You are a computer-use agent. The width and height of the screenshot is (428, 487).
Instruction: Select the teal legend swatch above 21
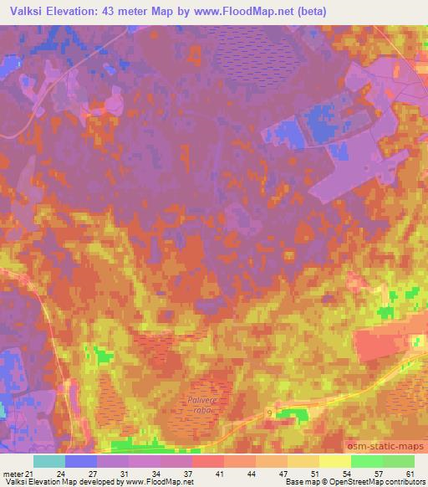[49, 461]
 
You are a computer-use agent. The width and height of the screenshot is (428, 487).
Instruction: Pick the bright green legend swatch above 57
[367, 461]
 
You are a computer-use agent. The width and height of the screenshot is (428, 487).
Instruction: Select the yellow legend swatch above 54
[335, 461]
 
